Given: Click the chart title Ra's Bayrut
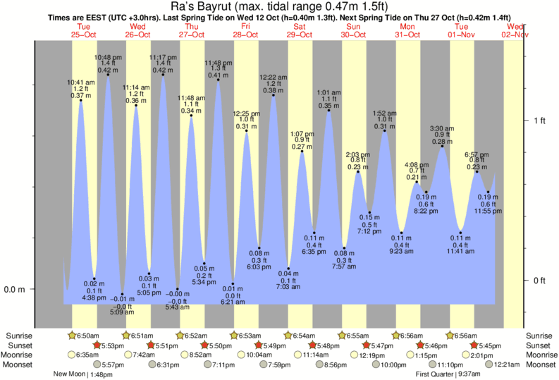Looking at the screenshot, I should pos(278,8).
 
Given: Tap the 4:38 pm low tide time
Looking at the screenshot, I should pos(94,298).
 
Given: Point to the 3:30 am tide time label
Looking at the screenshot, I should pos(442,128).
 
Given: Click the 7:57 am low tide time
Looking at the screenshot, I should pos(345,266).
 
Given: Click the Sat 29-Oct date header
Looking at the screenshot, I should pos(299,30).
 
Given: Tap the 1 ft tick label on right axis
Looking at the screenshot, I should pos(539,121).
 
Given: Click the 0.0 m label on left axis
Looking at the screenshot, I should pos(16,289).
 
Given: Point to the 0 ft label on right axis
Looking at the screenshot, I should pos(539,281).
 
